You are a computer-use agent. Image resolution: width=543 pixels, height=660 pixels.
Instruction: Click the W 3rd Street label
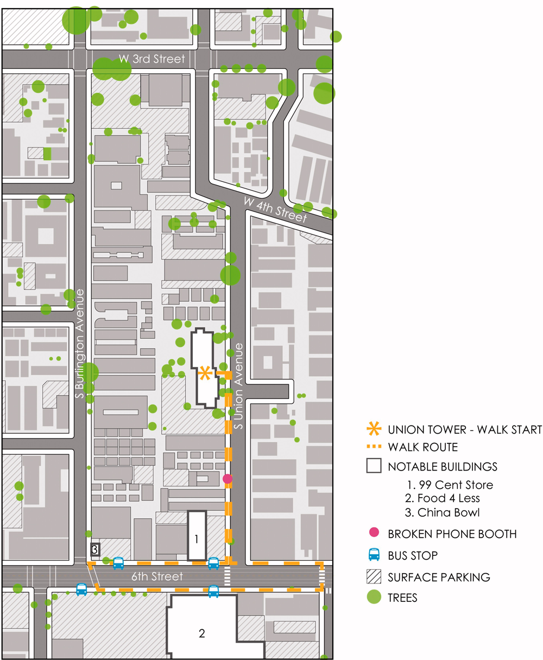pyautogui.click(x=152, y=59)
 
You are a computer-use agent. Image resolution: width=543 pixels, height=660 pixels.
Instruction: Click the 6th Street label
pyautogui.click(x=158, y=576)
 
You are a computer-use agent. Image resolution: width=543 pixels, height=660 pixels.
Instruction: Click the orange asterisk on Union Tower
pyautogui.click(x=205, y=373)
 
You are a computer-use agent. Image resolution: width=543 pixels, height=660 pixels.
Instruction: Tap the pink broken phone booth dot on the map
pyautogui.click(x=228, y=478)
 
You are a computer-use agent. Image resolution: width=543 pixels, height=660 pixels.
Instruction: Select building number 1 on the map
pyautogui.click(x=197, y=538)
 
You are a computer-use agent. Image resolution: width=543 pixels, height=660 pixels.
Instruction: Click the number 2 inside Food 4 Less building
pyautogui.click(x=201, y=633)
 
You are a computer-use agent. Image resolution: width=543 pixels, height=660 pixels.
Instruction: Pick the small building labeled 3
pyautogui.click(x=95, y=550)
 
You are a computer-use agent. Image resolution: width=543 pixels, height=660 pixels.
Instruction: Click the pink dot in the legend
pyautogui.click(x=374, y=534)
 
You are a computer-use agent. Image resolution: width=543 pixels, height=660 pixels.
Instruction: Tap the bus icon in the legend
pyautogui.click(x=374, y=555)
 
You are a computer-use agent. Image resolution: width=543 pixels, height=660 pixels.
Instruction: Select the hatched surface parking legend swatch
pyautogui.click(x=374, y=576)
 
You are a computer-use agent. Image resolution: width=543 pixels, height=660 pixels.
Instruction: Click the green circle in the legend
pyautogui.click(x=374, y=598)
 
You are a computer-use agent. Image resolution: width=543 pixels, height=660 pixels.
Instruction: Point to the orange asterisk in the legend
pyautogui.click(x=374, y=430)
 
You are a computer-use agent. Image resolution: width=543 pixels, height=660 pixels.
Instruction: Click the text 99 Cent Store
pyautogui.click(x=449, y=484)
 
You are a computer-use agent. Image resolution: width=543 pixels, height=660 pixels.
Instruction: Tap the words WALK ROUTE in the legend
pyautogui.click(x=423, y=448)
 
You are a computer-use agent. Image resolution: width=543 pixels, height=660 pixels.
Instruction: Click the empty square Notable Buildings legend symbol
pyautogui.click(x=374, y=466)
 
